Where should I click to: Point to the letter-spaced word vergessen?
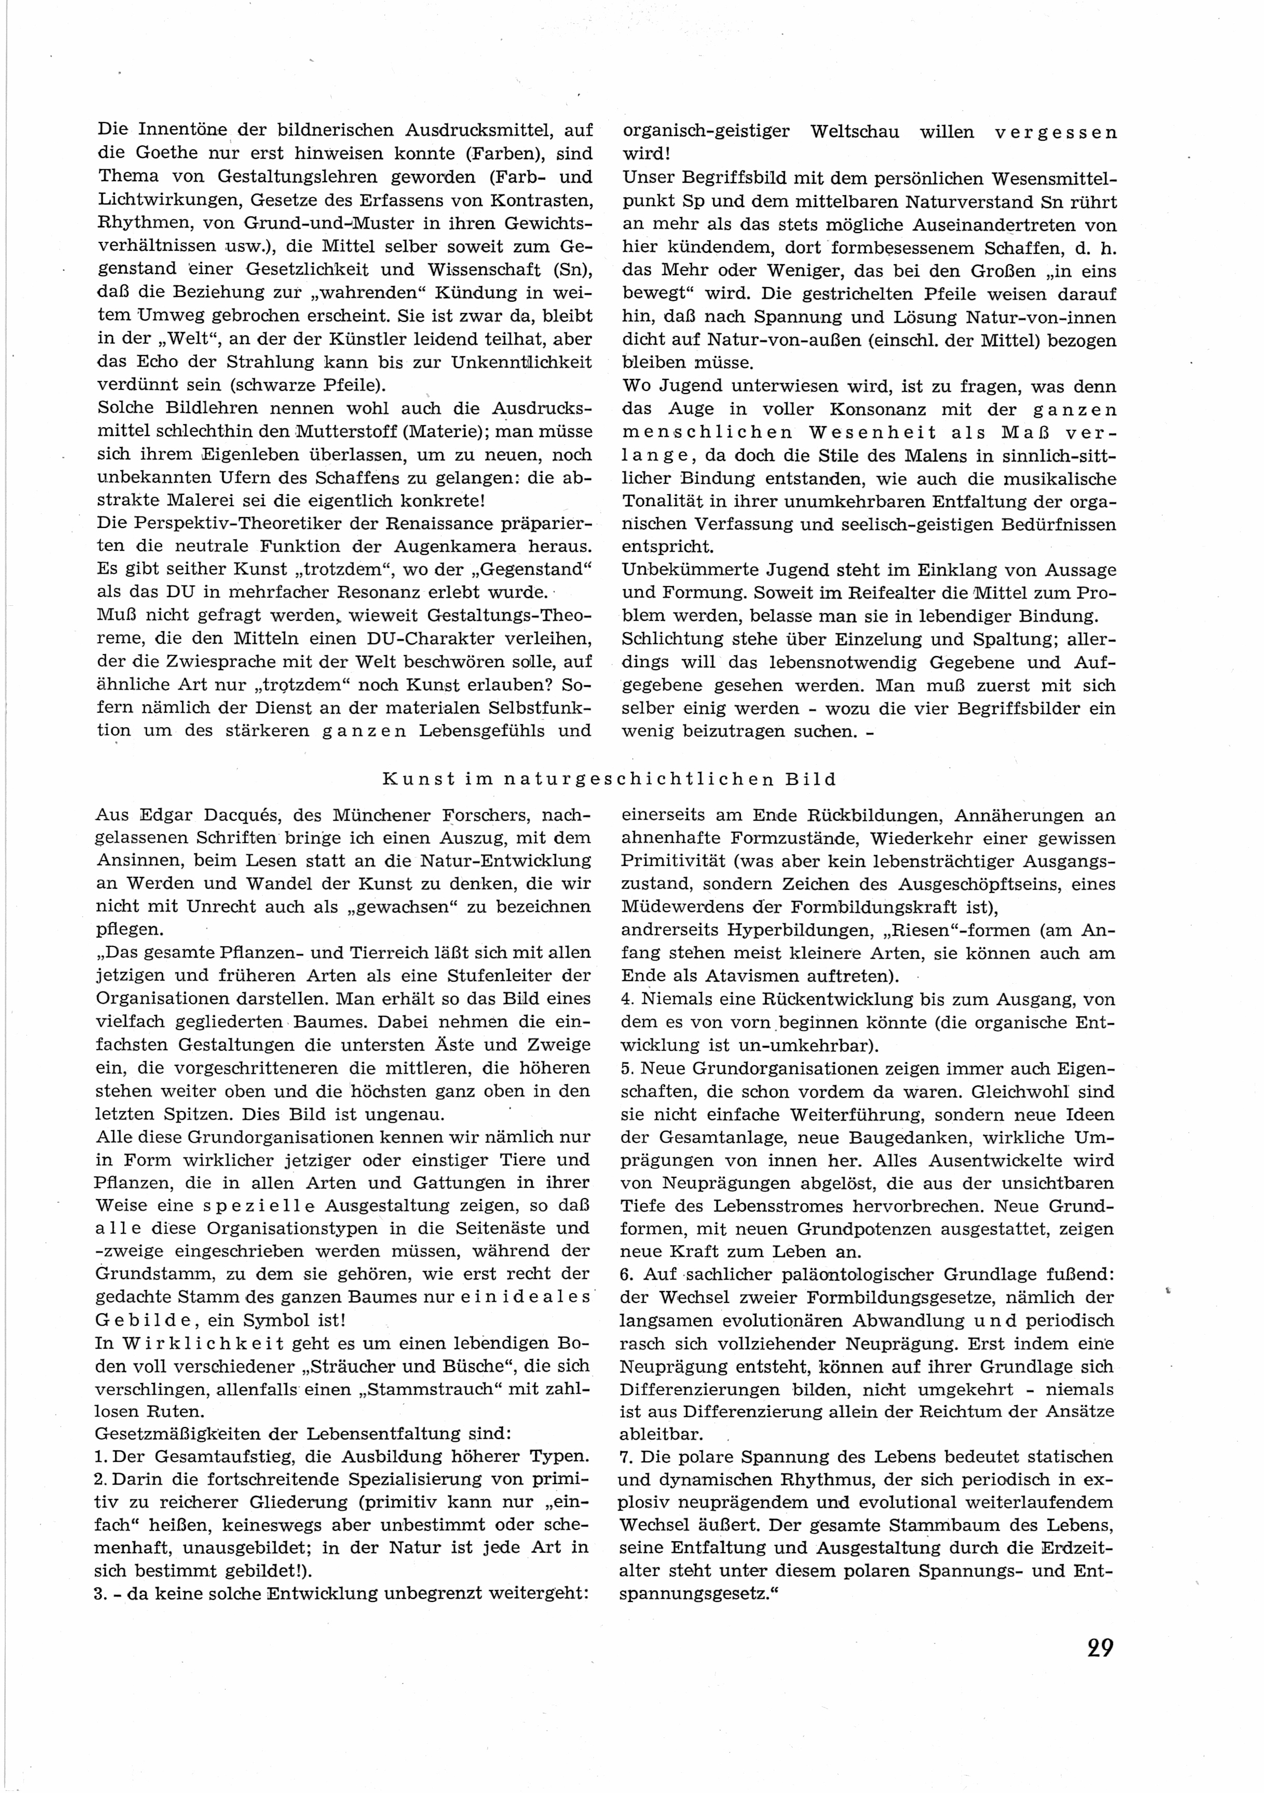(x=1055, y=131)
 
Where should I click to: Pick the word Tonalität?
(x=663, y=501)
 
